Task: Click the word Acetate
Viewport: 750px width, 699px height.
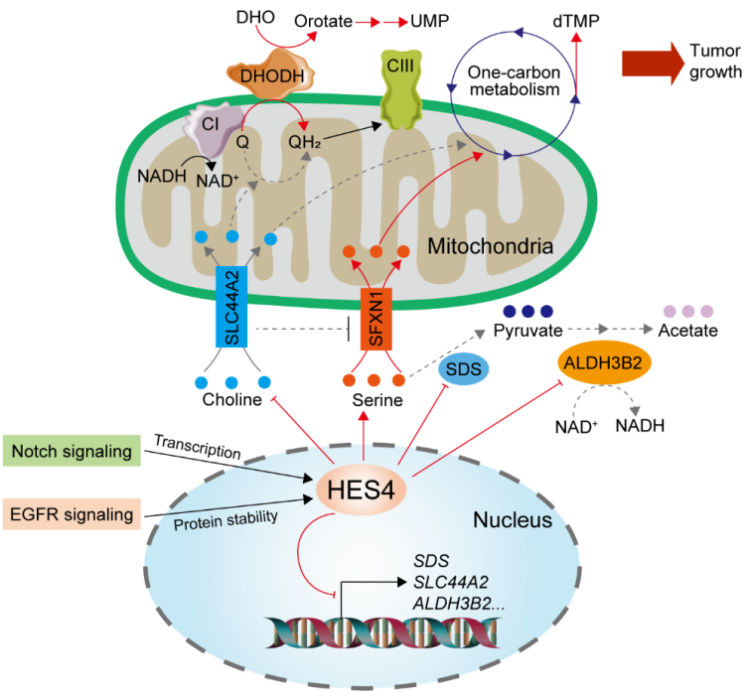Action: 681,330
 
